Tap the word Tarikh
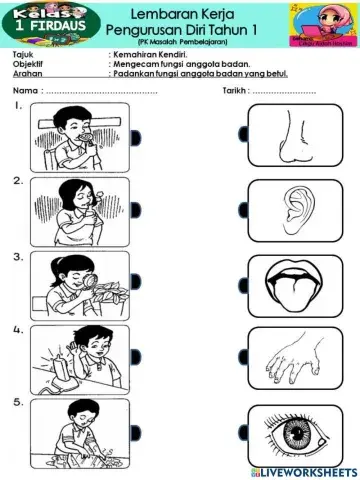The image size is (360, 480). [x=235, y=90]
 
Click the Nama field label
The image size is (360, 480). [x=25, y=90]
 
